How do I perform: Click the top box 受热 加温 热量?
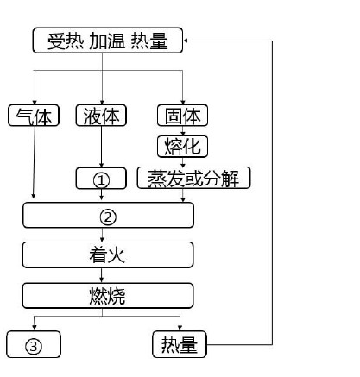tap(108, 41)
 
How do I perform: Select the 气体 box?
tap(34, 116)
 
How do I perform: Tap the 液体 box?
tap(101, 116)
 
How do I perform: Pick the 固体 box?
tap(182, 116)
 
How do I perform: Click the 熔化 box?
tap(182, 147)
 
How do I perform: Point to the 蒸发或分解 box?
tap(193, 178)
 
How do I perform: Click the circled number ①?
tap(101, 180)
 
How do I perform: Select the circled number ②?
tap(108, 217)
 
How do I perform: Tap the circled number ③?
tap(34, 346)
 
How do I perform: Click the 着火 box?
tap(108, 254)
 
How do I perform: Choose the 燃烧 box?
tap(108, 296)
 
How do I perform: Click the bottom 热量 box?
tap(180, 344)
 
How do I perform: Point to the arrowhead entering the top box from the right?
tap(186, 41)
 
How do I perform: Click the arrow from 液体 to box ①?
tap(101, 147)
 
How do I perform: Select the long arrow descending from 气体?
tap(34, 162)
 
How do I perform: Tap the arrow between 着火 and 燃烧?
tap(101, 275)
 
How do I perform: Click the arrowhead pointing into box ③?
tap(35, 327)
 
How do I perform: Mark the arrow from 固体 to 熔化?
tap(182, 131)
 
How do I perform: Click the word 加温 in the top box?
tap(107, 41)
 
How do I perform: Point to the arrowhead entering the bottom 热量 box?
tap(180, 328)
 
